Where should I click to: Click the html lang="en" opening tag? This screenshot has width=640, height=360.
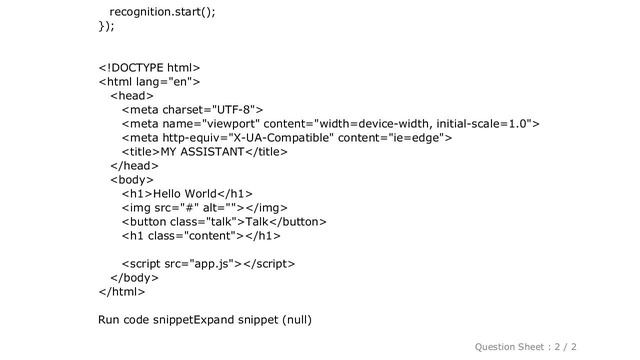pos(151,82)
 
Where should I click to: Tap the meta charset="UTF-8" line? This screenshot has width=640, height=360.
pos(192,110)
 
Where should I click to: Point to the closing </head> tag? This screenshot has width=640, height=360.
pos(133,166)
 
